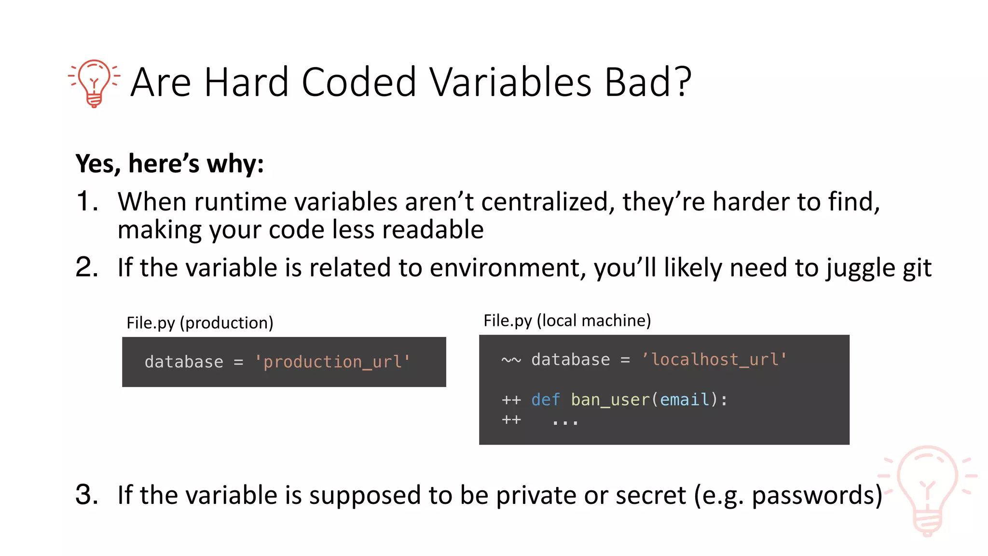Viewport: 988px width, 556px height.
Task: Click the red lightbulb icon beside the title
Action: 94,83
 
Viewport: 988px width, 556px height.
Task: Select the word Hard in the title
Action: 246,83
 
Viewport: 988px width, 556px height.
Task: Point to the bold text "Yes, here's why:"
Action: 170,164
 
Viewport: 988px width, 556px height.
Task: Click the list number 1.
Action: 87,201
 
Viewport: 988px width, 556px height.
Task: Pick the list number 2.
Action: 87,267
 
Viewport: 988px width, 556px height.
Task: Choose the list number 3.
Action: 87,495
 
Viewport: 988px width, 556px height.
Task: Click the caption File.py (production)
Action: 200,322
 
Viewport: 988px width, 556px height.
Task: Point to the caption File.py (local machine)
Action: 567,320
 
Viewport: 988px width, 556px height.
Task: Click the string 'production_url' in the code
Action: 332,361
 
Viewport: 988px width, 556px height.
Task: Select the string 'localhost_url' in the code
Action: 714,360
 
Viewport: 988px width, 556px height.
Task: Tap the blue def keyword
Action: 545,400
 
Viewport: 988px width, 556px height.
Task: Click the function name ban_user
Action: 610,400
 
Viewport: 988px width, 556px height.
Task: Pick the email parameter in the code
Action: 685,400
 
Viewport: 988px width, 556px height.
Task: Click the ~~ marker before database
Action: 511,360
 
